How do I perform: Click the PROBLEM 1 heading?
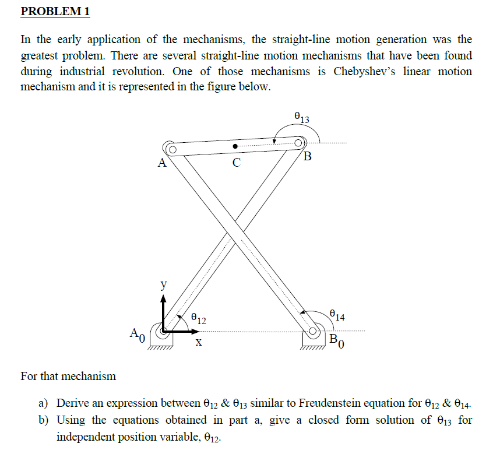pyautogui.click(x=55, y=12)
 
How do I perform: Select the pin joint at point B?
pyautogui.click(x=300, y=142)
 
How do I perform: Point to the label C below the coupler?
pyautogui.click(x=235, y=163)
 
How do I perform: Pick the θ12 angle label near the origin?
pyautogui.click(x=198, y=319)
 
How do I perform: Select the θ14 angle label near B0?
pyautogui.click(x=337, y=317)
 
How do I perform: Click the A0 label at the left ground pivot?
pyautogui.click(x=135, y=334)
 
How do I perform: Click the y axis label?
pyautogui.click(x=163, y=285)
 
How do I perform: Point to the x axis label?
pyautogui.click(x=199, y=344)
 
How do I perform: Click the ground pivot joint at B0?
pyautogui.click(x=314, y=332)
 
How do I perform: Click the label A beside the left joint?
pyautogui.click(x=162, y=164)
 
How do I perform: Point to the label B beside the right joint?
pyautogui.click(x=308, y=156)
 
